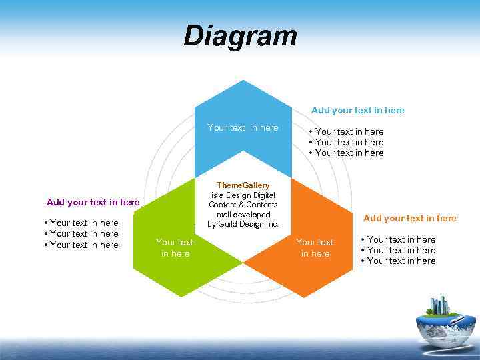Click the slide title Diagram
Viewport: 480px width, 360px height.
(x=240, y=36)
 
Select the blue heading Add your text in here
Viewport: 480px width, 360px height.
(x=357, y=110)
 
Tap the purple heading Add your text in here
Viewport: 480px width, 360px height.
(x=93, y=202)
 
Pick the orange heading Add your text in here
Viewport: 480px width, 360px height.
(x=409, y=218)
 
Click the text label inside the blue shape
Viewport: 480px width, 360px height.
(x=243, y=127)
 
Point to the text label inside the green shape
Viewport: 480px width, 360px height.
(x=174, y=247)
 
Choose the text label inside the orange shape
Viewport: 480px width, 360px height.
(x=315, y=247)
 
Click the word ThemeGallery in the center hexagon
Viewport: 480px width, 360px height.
(x=243, y=185)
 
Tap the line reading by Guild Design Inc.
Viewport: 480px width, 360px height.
(x=243, y=224)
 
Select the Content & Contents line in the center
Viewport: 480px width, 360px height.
(x=243, y=205)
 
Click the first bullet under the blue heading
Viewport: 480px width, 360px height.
(x=347, y=131)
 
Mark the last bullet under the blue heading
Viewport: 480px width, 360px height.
(x=347, y=153)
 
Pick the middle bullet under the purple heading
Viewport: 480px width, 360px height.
(x=81, y=233)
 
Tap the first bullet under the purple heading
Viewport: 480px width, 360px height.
(x=81, y=223)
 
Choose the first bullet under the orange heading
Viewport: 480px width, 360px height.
(x=399, y=239)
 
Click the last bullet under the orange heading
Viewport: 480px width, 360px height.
(x=399, y=261)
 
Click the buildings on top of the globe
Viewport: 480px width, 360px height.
(x=439, y=305)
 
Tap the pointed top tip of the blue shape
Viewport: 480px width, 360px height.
(x=243, y=81)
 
